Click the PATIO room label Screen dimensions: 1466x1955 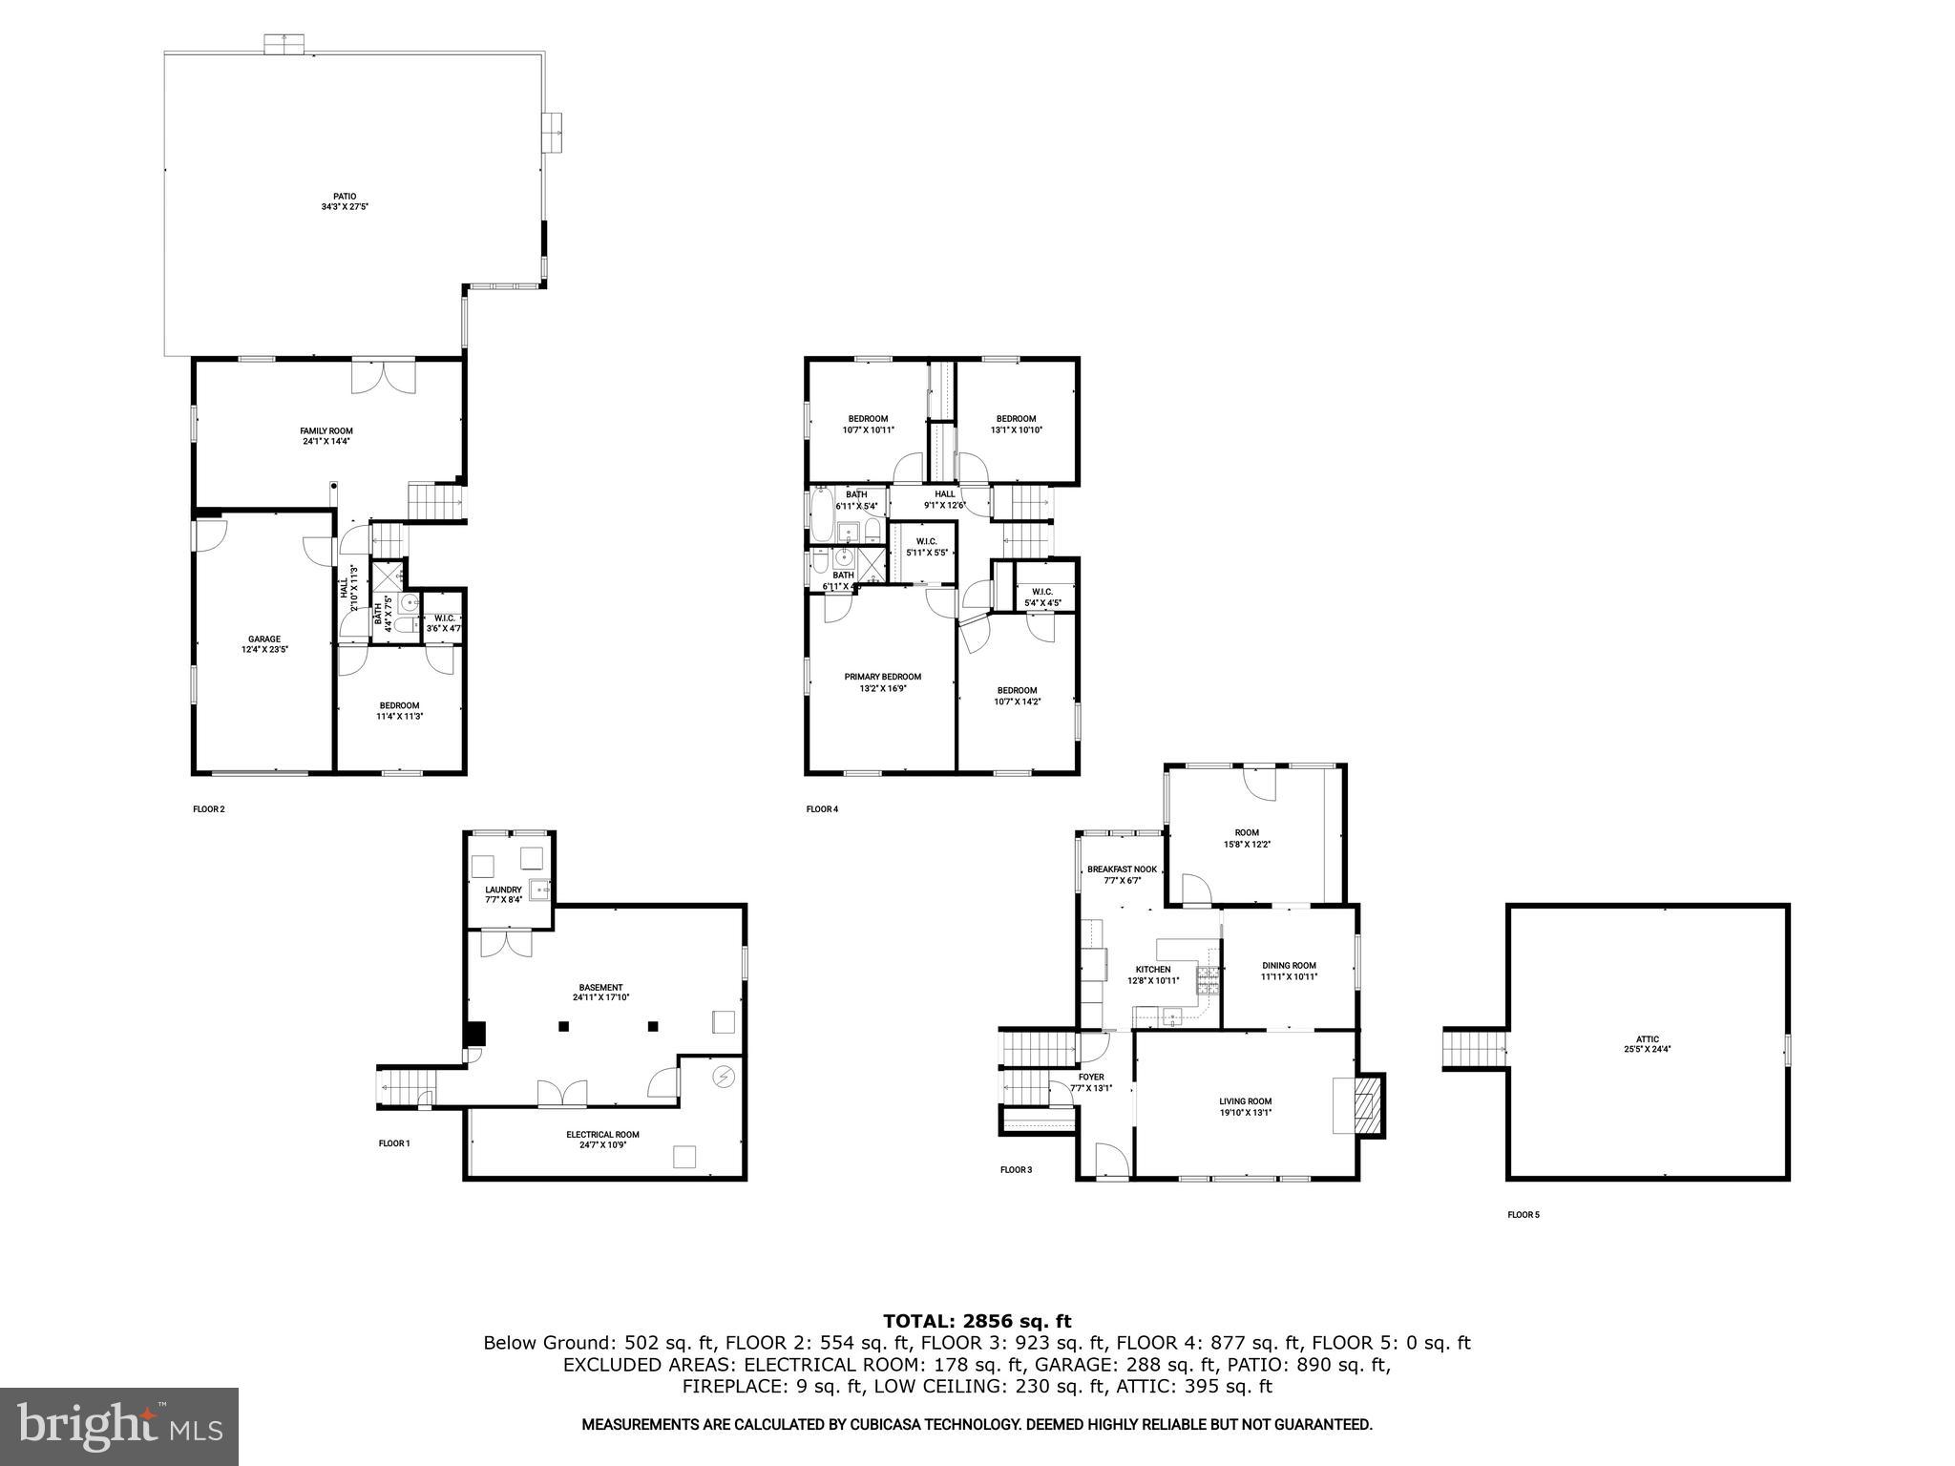(x=345, y=196)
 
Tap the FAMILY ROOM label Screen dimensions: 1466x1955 (x=326, y=430)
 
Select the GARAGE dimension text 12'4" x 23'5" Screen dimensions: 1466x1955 (x=264, y=649)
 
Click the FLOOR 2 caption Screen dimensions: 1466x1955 (x=209, y=809)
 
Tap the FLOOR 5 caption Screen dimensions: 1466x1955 (x=1524, y=1215)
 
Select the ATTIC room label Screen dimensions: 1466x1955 (x=1647, y=1039)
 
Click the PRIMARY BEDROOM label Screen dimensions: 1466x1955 (x=883, y=677)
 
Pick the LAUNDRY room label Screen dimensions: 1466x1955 (x=503, y=890)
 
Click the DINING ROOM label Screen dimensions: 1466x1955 (x=1289, y=965)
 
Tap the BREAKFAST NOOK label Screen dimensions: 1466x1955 (x=1122, y=869)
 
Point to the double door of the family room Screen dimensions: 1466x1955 (x=384, y=376)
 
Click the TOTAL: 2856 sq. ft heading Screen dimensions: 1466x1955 (x=977, y=1321)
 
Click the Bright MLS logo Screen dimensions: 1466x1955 (x=119, y=1426)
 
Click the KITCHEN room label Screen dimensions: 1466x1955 (x=1153, y=969)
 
